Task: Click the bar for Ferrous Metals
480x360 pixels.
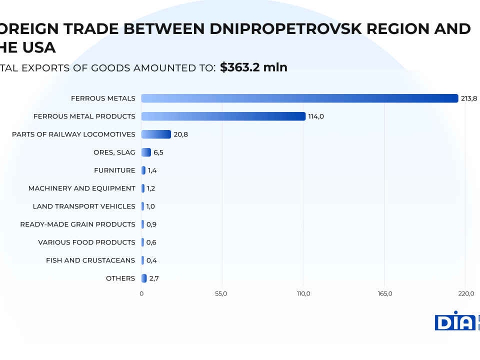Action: point(299,98)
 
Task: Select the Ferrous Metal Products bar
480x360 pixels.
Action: point(223,116)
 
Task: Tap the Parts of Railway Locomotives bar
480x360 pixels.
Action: point(156,134)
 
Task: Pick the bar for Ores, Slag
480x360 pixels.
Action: point(146,152)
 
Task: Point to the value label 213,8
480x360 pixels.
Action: point(469,98)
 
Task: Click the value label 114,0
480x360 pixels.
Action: point(316,116)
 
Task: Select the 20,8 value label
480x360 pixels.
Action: point(180,134)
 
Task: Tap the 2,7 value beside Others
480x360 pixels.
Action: point(154,278)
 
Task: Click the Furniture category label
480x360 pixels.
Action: point(114,170)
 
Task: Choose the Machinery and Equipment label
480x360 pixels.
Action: point(82,188)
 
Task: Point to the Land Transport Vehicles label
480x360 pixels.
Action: point(84,206)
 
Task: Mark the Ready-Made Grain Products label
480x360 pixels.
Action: point(77,224)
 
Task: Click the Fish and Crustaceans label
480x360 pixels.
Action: point(90,260)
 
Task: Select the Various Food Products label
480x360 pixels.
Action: point(86,242)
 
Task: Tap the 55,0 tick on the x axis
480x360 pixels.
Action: point(221,293)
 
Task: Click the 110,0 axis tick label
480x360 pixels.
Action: point(303,293)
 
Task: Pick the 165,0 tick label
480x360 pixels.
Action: point(384,293)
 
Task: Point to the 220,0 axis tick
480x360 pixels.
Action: point(465,293)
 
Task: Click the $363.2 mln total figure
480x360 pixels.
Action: point(253,67)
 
